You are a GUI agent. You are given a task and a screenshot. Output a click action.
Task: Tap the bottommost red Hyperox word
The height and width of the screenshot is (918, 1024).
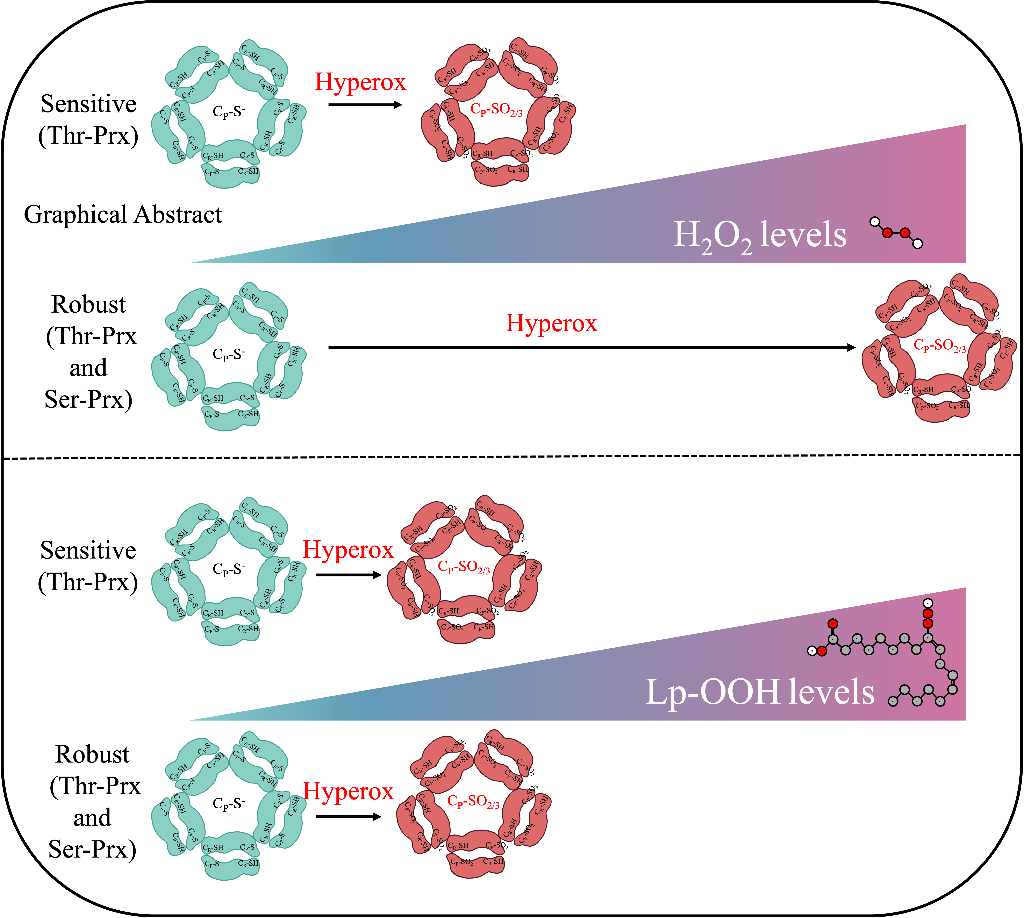[x=348, y=791]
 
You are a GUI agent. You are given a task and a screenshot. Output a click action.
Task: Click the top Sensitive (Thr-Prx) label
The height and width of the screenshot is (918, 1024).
[x=88, y=119]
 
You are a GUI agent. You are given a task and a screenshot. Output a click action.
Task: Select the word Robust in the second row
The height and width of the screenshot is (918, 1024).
[x=88, y=305]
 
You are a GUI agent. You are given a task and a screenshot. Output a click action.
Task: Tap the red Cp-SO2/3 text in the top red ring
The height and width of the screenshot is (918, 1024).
[x=496, y=109]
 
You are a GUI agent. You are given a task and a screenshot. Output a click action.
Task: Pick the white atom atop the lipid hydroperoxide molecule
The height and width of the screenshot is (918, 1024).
[x=928, y=603]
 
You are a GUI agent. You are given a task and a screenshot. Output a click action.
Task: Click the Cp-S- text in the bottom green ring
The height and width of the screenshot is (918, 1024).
[x=229, y=803]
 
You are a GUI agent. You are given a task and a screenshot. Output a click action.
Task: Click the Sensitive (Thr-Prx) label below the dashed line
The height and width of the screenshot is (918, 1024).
[x=88, y=566]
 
